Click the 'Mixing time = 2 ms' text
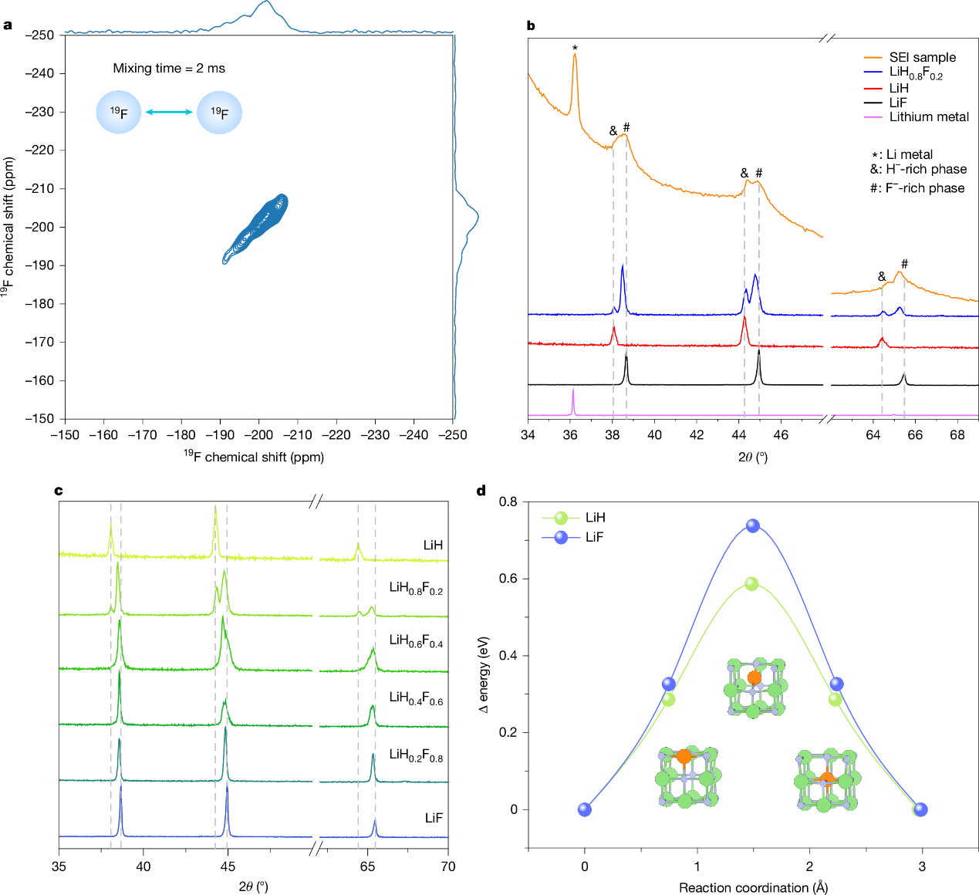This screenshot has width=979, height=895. [x=169, y=69]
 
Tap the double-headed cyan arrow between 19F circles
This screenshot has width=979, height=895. [x=169, y=113]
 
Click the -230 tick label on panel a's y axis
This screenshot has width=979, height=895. [x=39, y=112]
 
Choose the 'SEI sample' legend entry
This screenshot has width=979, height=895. [x=922, y=58]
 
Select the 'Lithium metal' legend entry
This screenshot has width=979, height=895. [x=929, y=117]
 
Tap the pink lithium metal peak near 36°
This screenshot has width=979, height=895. [x=573, y=401]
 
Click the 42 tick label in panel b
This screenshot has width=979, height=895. [x=697, y=435]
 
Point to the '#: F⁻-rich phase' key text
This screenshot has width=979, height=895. [x=917, y=188]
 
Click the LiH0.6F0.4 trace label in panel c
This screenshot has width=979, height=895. [x=416, y=641]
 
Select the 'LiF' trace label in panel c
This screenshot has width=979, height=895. [x=434, y=818]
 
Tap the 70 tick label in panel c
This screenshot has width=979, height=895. [x=448, y=866]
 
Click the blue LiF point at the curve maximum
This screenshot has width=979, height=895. [x=753, y=526]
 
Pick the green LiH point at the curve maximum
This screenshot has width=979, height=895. [x=751, y=584]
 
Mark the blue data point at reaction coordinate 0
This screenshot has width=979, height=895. [x=585, y=809]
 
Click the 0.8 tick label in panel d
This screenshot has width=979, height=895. [x=508, y=502]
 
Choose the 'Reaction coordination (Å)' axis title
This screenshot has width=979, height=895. [x=753, y=888]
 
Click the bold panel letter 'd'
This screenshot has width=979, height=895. [x=482, y=491]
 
